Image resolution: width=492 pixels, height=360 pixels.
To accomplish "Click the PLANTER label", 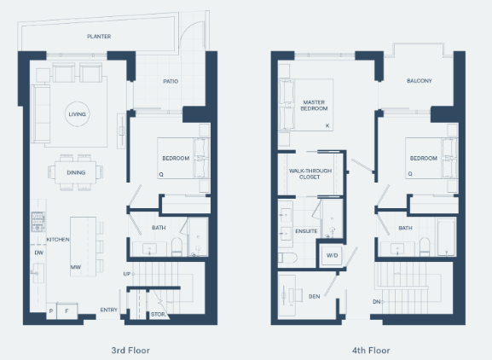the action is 99,37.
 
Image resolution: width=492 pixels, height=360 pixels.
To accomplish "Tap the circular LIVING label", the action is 78,114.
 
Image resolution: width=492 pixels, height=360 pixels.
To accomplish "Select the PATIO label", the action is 171,81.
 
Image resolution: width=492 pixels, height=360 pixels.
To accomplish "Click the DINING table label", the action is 76,172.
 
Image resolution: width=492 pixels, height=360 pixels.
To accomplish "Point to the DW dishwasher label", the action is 39,253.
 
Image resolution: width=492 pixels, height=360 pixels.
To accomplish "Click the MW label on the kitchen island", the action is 76,267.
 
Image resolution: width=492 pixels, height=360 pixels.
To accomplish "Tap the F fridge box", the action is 67,311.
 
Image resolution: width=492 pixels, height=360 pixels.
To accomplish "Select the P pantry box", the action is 51,311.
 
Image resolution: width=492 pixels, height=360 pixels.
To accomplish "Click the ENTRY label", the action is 109,310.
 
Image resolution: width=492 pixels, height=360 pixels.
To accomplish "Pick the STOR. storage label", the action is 159,314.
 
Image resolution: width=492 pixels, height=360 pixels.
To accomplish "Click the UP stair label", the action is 127,274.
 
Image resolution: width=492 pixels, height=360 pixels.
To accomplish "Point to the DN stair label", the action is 377,302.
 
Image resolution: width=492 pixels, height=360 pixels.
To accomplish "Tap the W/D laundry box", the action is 332,255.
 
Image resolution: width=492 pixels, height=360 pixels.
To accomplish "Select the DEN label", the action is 315,296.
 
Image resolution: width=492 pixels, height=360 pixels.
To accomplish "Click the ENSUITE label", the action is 306,231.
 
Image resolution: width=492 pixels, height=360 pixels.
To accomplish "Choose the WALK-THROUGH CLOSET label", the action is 310,174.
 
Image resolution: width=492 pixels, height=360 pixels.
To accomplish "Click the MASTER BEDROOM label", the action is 314,106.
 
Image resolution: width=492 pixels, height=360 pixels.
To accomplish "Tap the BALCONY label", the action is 420,81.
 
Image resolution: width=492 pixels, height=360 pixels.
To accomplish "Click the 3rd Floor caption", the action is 130,351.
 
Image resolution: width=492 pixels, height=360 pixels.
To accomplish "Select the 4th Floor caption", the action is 371,351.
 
